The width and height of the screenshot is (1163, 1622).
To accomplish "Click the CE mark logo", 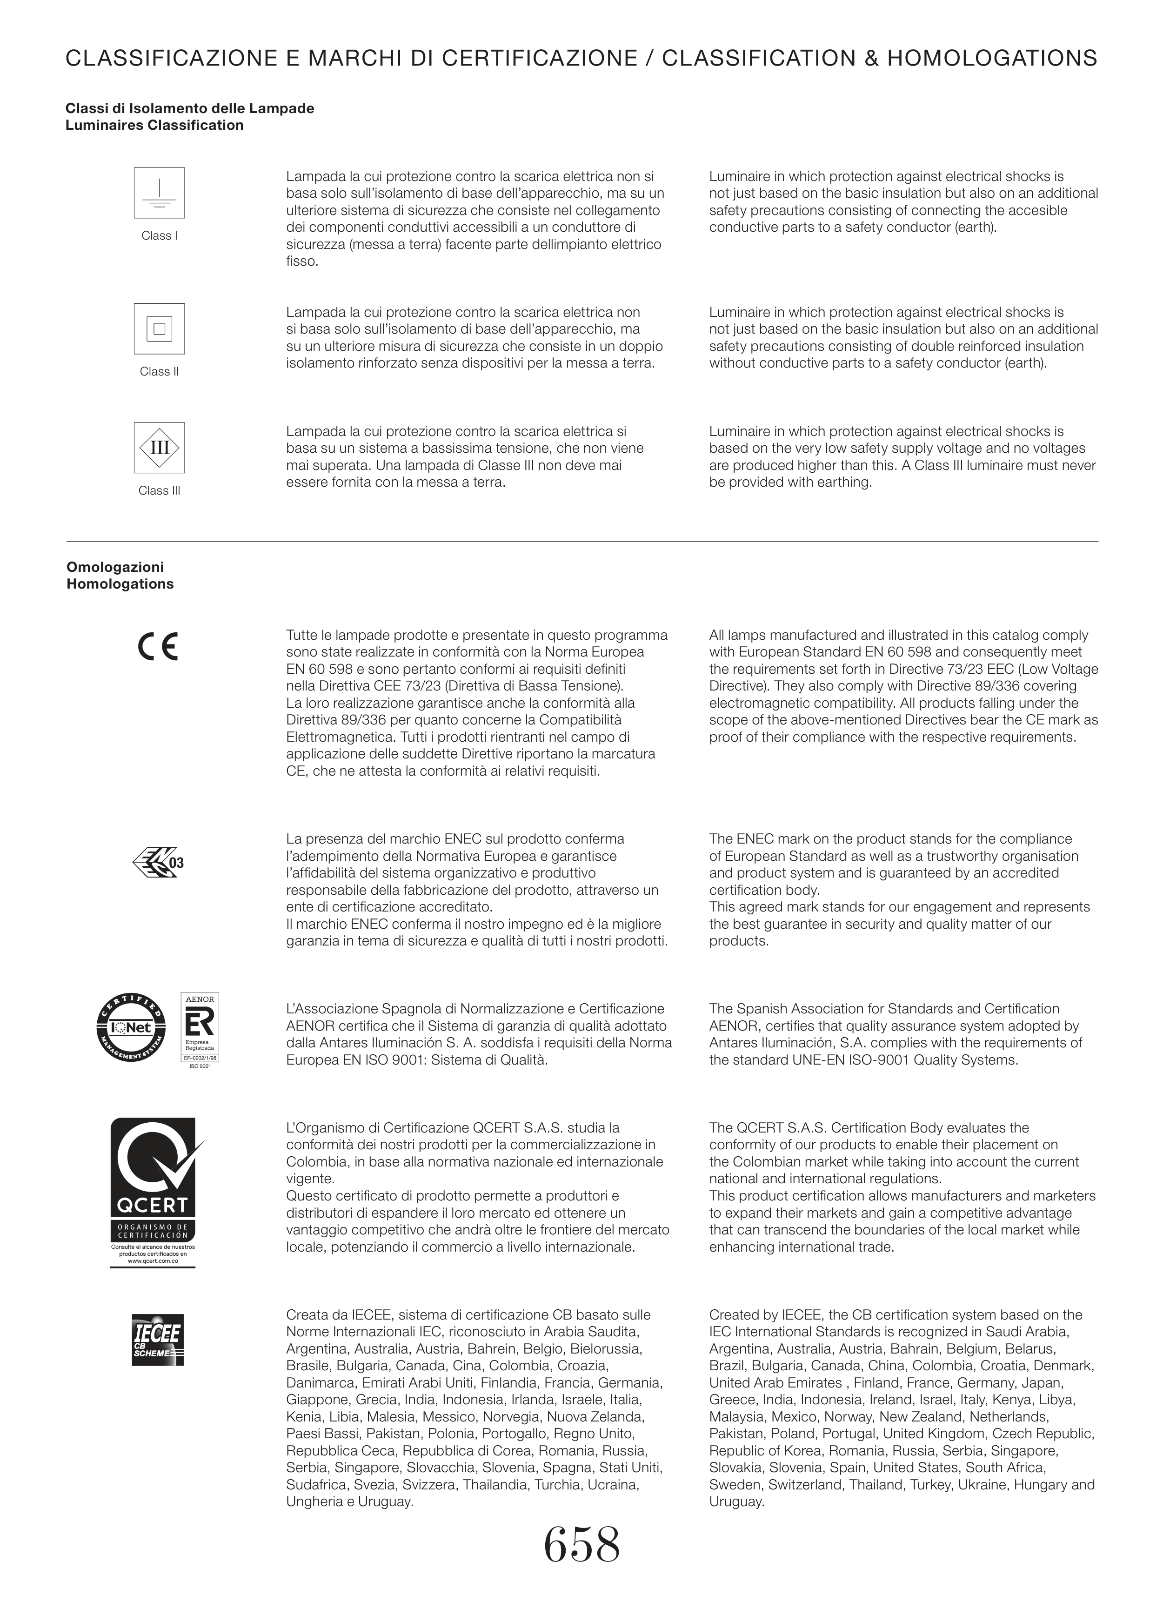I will click(x=157, y=646).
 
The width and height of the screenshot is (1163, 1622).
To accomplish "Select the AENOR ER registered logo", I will click(x=200, y=1028).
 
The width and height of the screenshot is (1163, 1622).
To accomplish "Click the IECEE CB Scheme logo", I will click(x=158, y=1340).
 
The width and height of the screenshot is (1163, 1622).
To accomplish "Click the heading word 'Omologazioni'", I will click(x=115, y=567).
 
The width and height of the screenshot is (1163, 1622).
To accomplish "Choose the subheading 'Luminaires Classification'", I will click(x=154, y=125).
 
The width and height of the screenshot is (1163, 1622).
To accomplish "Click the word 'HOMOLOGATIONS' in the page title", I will click(x=992, y=59).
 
